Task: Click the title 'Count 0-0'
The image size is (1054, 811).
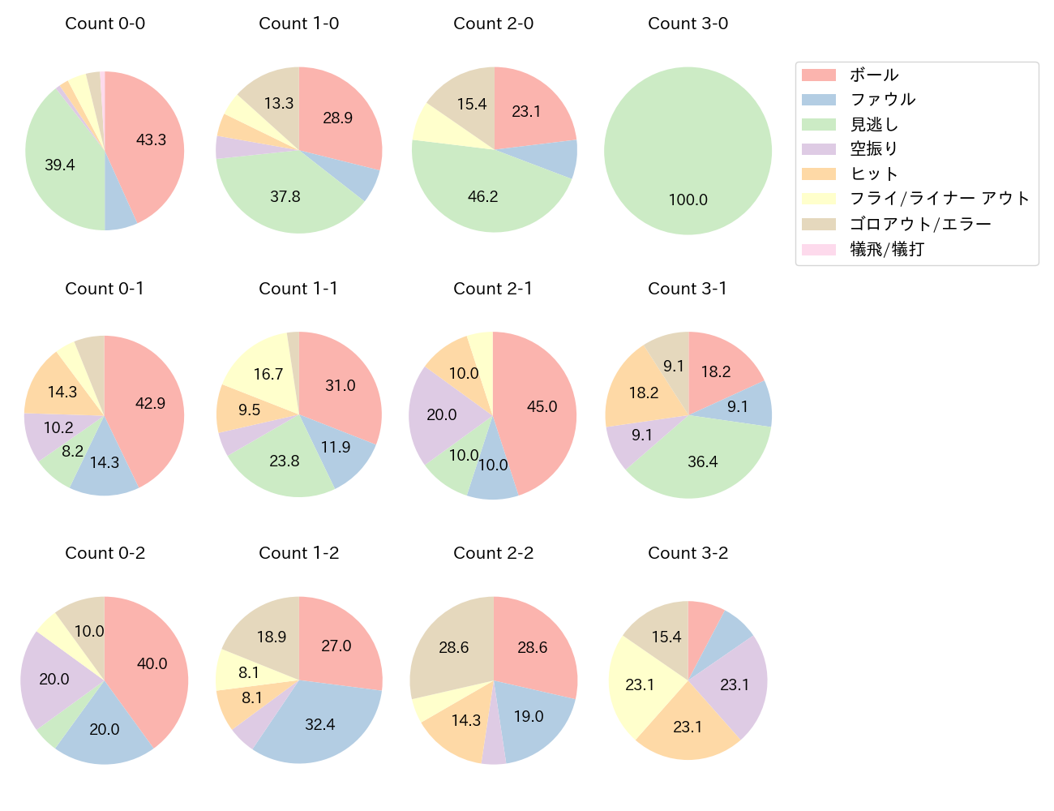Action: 105,24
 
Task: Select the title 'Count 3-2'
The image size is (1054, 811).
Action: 688,553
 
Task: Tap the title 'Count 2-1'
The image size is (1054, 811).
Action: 493,289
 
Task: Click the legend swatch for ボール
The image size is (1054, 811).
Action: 818,75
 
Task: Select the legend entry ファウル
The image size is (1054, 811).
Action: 882,100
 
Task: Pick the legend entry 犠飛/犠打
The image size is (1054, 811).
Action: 886,249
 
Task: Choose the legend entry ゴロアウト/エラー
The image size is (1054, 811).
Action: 920,224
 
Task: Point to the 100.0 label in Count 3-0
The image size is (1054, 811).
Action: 688,200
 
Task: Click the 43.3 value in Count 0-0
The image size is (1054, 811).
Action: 151,139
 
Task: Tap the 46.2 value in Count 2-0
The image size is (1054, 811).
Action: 482,196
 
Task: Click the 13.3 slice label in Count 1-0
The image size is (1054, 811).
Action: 279,103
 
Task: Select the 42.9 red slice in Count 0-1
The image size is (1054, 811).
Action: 150,403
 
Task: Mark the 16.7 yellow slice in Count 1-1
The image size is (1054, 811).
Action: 268,374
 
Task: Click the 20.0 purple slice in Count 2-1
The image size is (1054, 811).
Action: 441,414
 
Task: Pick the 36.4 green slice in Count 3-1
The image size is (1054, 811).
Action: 702,461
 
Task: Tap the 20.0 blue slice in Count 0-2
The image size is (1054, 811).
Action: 104,729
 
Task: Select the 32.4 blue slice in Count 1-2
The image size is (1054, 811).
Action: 319,724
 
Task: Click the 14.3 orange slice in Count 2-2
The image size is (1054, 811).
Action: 465,720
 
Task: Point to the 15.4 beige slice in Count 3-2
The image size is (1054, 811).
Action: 666,637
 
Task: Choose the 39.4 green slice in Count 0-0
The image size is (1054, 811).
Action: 60,165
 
